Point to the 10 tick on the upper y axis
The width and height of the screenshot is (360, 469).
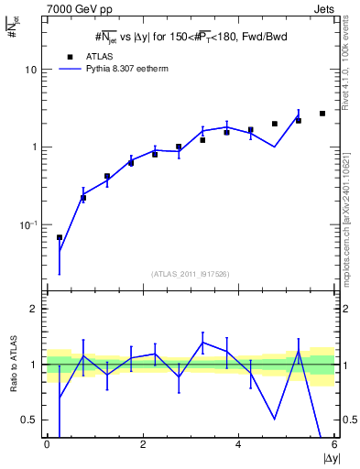coord(29,70)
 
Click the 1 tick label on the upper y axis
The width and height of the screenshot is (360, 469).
coord(32,147)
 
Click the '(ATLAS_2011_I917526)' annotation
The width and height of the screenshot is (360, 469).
coord(190,274)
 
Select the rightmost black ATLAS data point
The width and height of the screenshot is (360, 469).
coord(322,114)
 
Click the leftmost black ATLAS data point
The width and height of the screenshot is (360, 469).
coord(60,237)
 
